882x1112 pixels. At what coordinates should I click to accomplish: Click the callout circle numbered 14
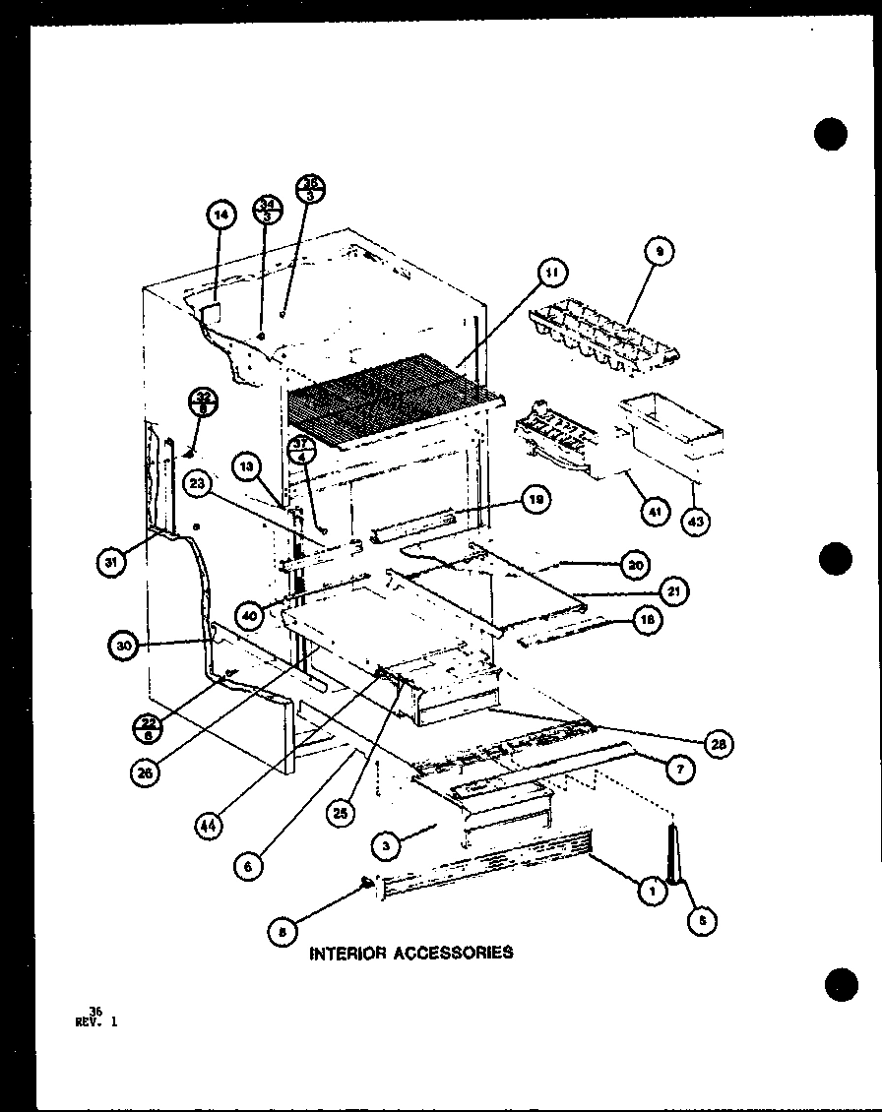[x=222, y=217]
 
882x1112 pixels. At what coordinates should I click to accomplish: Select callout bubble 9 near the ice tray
[x=661, y=253]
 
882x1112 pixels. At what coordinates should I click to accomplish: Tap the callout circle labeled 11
[x=553, y=272]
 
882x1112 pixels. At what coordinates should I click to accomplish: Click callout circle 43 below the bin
[x=696, y=521]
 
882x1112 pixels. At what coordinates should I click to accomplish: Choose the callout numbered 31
[x=110, y=563]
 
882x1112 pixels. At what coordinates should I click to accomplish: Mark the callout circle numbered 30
[x=122, y=647]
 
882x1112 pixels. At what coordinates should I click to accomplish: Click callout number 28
[x=718, y=745]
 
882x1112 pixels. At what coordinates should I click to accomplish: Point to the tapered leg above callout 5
[x=675, y=854]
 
